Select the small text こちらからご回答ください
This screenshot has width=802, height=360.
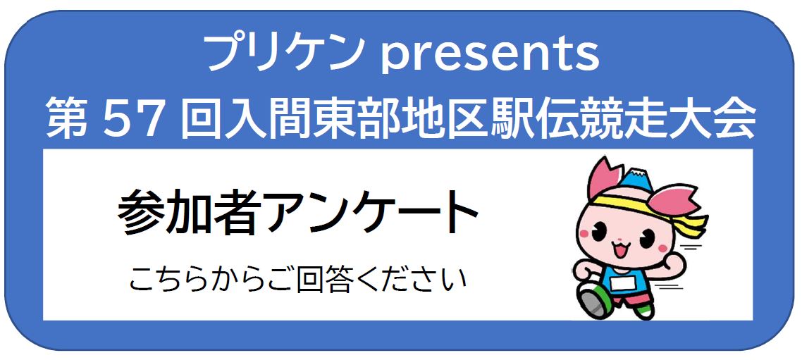click(297, 280)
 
